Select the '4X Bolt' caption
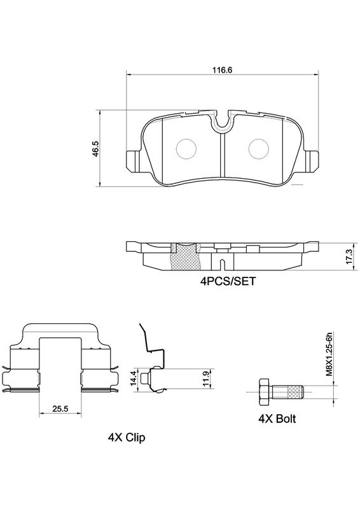[x=277, y=419]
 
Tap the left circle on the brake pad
[x=185, y=149]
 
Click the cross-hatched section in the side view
[x=187, y=258]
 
